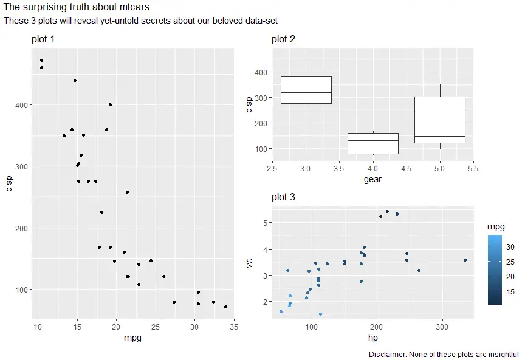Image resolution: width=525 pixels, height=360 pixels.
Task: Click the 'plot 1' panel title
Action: click(x=43, y=39)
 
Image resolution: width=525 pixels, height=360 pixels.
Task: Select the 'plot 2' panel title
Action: click(x=283, y=39)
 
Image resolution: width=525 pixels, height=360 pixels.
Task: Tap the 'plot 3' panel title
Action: click(x=283, y=197)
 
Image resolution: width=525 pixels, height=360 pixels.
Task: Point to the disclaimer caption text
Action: click(x=444, y=354)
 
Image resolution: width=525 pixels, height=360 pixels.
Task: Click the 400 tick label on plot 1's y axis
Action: click(x=19, y=105)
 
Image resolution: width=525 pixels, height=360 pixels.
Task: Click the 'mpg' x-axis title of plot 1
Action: click(x=132, y=337)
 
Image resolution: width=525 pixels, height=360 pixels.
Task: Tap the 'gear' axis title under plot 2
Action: click(x=372, y=179)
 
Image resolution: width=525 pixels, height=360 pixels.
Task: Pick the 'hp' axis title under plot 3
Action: click(x=372, y=337)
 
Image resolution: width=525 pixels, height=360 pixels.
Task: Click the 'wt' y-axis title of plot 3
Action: click(x=249, y=262)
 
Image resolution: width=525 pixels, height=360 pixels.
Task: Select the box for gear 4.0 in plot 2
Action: click(x=372, y=143)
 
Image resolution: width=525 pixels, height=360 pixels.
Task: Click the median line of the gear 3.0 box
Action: click(x=306, y=92)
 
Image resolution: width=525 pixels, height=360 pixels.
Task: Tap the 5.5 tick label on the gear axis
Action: click(x=473, y=168)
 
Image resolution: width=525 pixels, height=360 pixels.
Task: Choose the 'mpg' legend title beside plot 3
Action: click(x=495, y=226)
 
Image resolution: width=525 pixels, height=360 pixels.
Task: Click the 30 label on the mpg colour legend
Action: click(x=511, y=246)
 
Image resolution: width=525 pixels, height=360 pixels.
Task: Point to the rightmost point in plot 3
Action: click(x=465, y=260)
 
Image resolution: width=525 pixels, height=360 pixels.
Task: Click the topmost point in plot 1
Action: click(x=41, y=60)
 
